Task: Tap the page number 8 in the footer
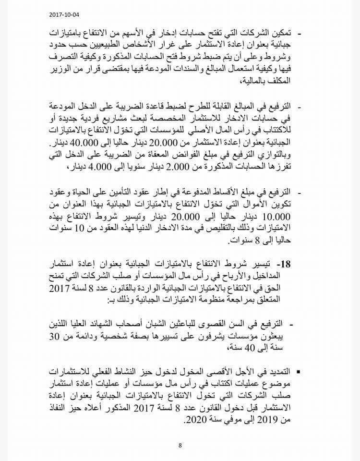point(180,445)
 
